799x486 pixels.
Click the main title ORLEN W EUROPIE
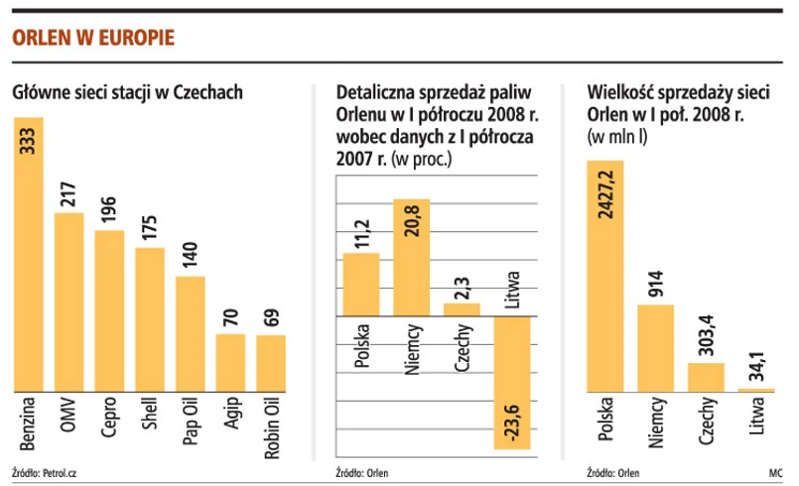[93, 39]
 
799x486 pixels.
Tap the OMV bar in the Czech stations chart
[68, 302]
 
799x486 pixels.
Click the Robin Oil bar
[271, 363]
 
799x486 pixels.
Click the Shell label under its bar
[150, 418]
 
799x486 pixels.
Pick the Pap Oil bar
[190, 333]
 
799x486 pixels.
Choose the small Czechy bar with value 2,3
[462, 309]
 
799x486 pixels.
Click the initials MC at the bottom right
[775, 472]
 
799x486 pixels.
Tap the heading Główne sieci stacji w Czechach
[128, 93]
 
